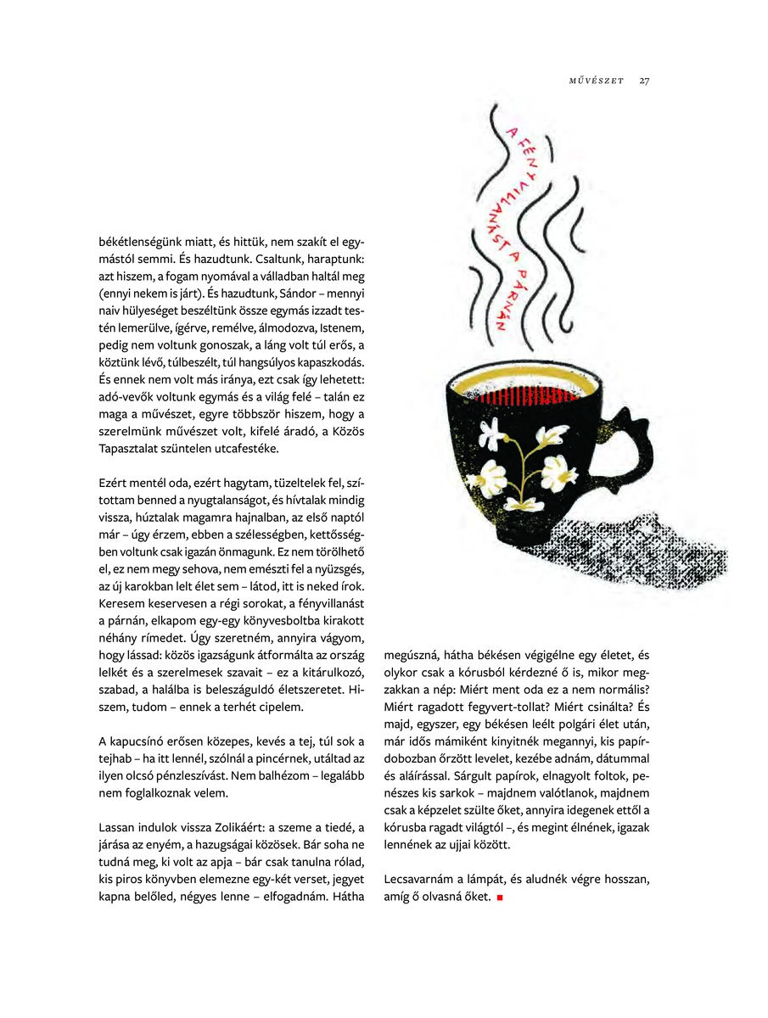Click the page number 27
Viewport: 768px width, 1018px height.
point(645,81)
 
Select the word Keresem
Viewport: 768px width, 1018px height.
point(121,607)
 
